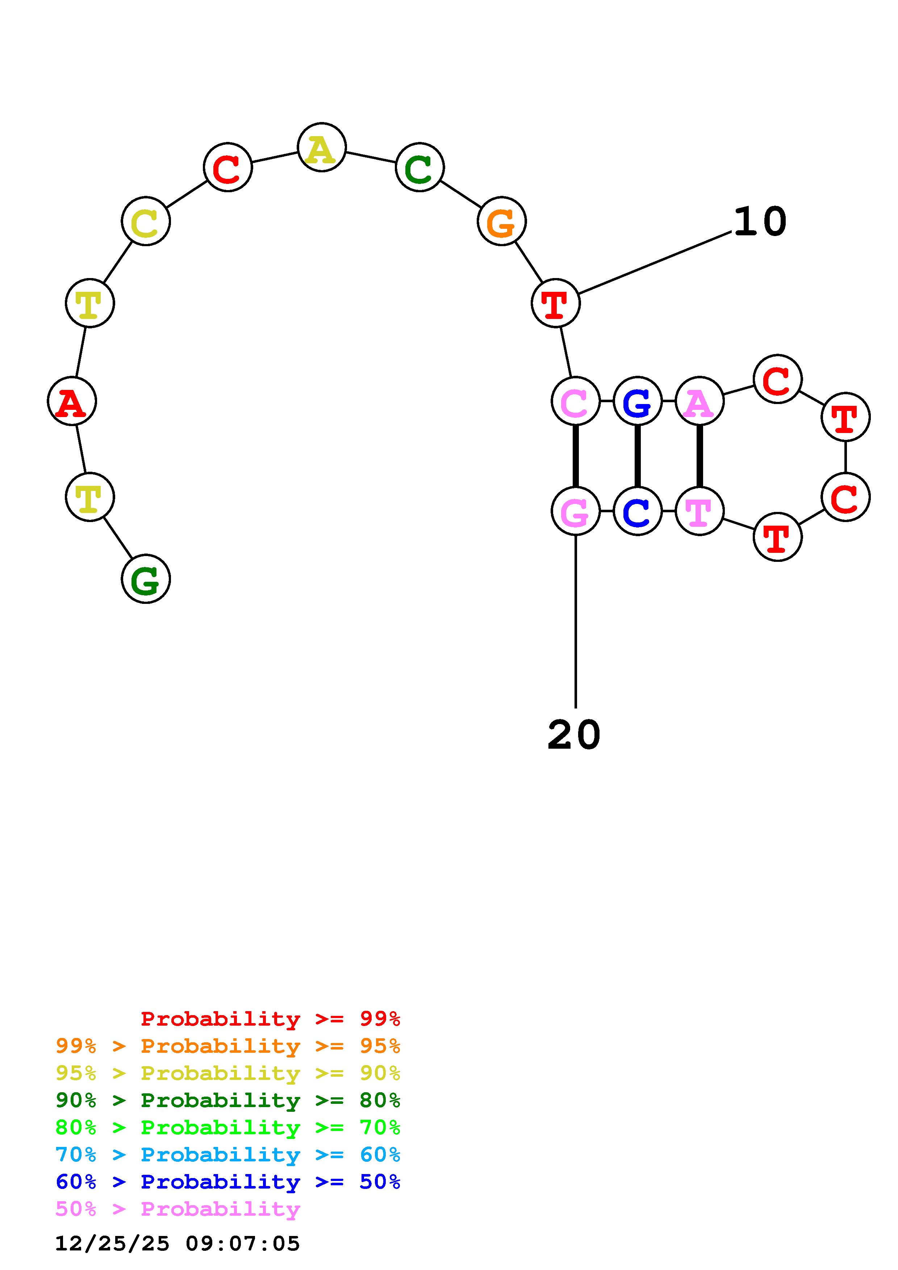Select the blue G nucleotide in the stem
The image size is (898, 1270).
pyautogui.click(x=638, y=401)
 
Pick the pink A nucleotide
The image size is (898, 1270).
pyautogui.click(x=699, y=401)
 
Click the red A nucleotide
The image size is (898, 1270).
pyautogui.click(x=72, y=401)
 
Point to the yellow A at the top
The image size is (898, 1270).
pyautogui.click(x=321, y=148)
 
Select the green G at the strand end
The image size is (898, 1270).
pyautogui.click(x=146, y=579)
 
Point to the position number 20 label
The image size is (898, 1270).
pyautogui.click(x=574, y=735)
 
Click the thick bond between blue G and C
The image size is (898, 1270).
pyautogui.click(x=638, y=456)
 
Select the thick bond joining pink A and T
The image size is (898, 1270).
pyautogui.click(x=699, y=456)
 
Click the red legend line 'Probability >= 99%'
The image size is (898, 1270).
pyautogui.click(x=270, y=1019)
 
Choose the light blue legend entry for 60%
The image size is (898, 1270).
pyautogui.click(x=227, y=1155)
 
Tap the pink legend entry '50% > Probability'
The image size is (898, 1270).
pyautogui.click(x=177, y=1209)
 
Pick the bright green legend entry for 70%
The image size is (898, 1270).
pyautogui.click(x=227, y=1128)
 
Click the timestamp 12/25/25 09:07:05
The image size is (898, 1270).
pyautogui.click(x=177, y=1244)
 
